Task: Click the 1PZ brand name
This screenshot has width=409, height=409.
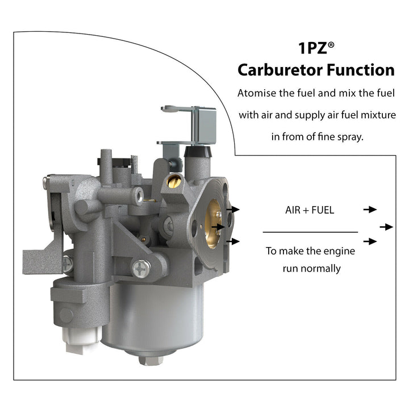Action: click(312, 48)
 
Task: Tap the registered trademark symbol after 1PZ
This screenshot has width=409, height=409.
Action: click(331, 45)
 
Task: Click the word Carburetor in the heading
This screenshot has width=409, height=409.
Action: click(280, 70)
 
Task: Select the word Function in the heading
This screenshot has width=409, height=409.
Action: click(361, 70)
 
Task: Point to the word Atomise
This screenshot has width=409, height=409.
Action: click(257, 93)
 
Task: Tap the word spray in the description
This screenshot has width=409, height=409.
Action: click(350, 137)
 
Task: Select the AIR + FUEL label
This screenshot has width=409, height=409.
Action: click(310, 210)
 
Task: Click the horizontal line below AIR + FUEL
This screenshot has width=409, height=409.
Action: click(310, 232)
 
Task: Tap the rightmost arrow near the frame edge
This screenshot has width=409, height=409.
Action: click(386, 227)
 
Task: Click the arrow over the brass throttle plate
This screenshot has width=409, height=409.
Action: click(218, 227)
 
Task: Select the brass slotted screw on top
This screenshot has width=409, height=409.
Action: click(174, 181)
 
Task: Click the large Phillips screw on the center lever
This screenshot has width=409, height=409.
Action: click(141, 269)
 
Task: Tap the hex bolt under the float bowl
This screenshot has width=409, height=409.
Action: click(151, 360)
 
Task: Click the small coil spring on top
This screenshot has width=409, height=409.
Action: click(135, 164)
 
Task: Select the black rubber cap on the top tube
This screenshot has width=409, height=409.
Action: click(198, 151)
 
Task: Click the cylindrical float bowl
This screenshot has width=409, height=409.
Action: click(153, 318)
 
